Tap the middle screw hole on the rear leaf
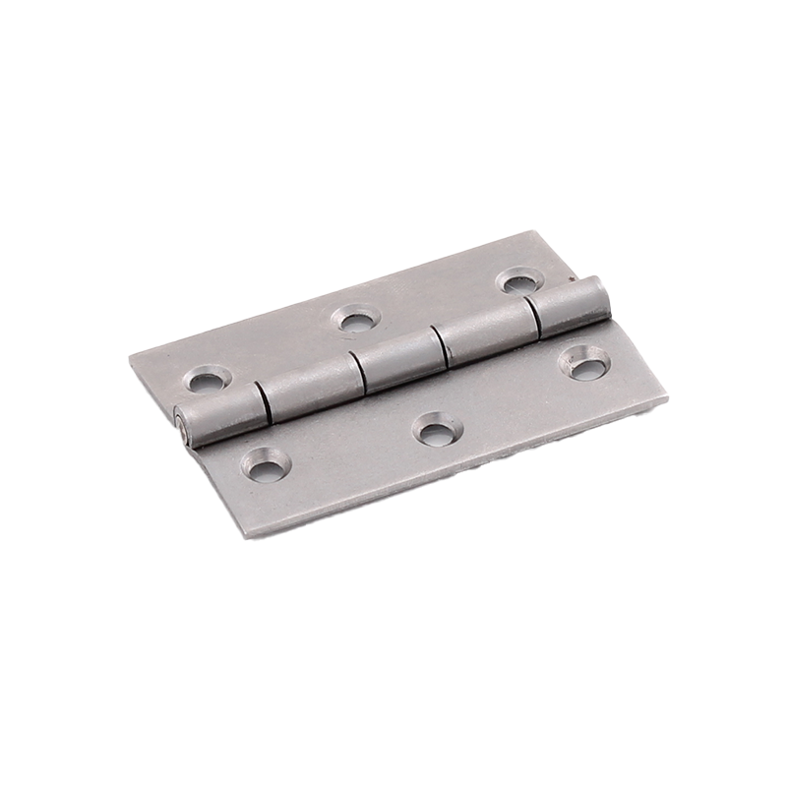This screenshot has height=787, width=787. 356,318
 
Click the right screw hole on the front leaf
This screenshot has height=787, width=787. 584,365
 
